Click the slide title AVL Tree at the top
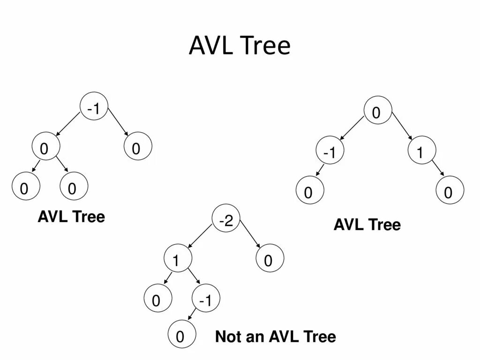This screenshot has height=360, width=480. point(240,46)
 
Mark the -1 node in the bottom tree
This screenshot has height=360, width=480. point(206,300)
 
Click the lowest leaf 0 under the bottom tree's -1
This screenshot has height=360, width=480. point(180,336)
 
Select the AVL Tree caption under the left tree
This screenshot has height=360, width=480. point(71,217)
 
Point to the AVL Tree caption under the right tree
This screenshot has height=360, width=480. point(367,225)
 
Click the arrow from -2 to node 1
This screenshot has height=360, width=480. point(201,236)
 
